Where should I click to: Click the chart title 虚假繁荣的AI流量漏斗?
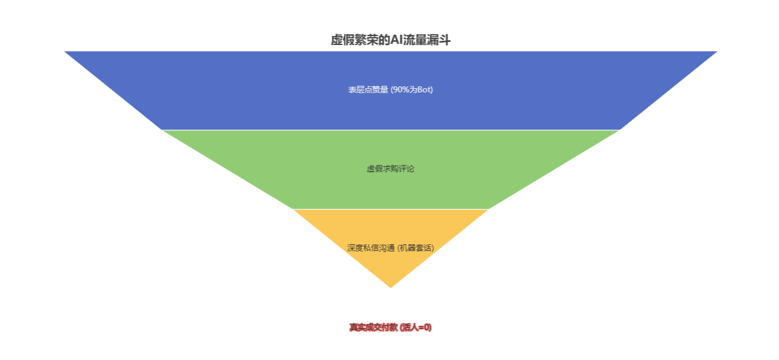(390, 40)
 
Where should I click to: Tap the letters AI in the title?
(396, 40)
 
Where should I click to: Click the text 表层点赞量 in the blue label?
(368, 90)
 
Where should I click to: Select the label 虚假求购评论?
(390, 169)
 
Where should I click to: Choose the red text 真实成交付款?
(373, 328)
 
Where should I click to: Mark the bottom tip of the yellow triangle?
(390, 287)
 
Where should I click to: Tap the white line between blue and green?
(390, 130)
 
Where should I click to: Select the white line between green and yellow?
(390, 209)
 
